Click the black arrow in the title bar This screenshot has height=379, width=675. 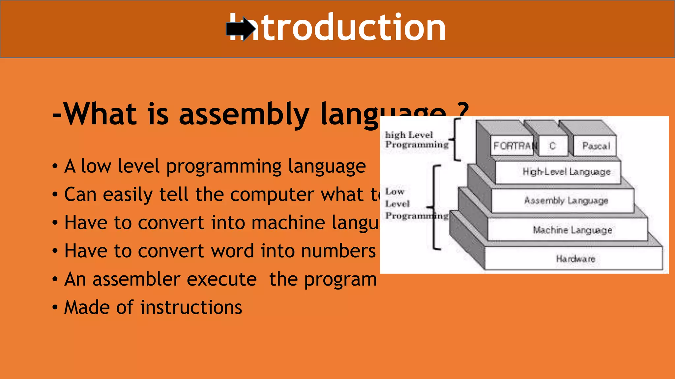pos(241,29)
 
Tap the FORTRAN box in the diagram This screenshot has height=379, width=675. pos(513,146)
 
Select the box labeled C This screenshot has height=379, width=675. pos(553,146)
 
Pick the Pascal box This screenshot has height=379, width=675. pos(596,146)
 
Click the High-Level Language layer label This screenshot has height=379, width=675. pos(566,172)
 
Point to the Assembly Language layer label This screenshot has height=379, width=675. pos(566,200)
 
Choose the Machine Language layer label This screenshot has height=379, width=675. pos(572,230)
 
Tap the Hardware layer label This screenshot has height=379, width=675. pos(575,259)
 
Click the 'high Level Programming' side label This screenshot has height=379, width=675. pos(417,140)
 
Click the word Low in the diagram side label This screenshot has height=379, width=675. pos(395,191)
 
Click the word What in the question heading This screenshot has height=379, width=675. pos(100,114)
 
